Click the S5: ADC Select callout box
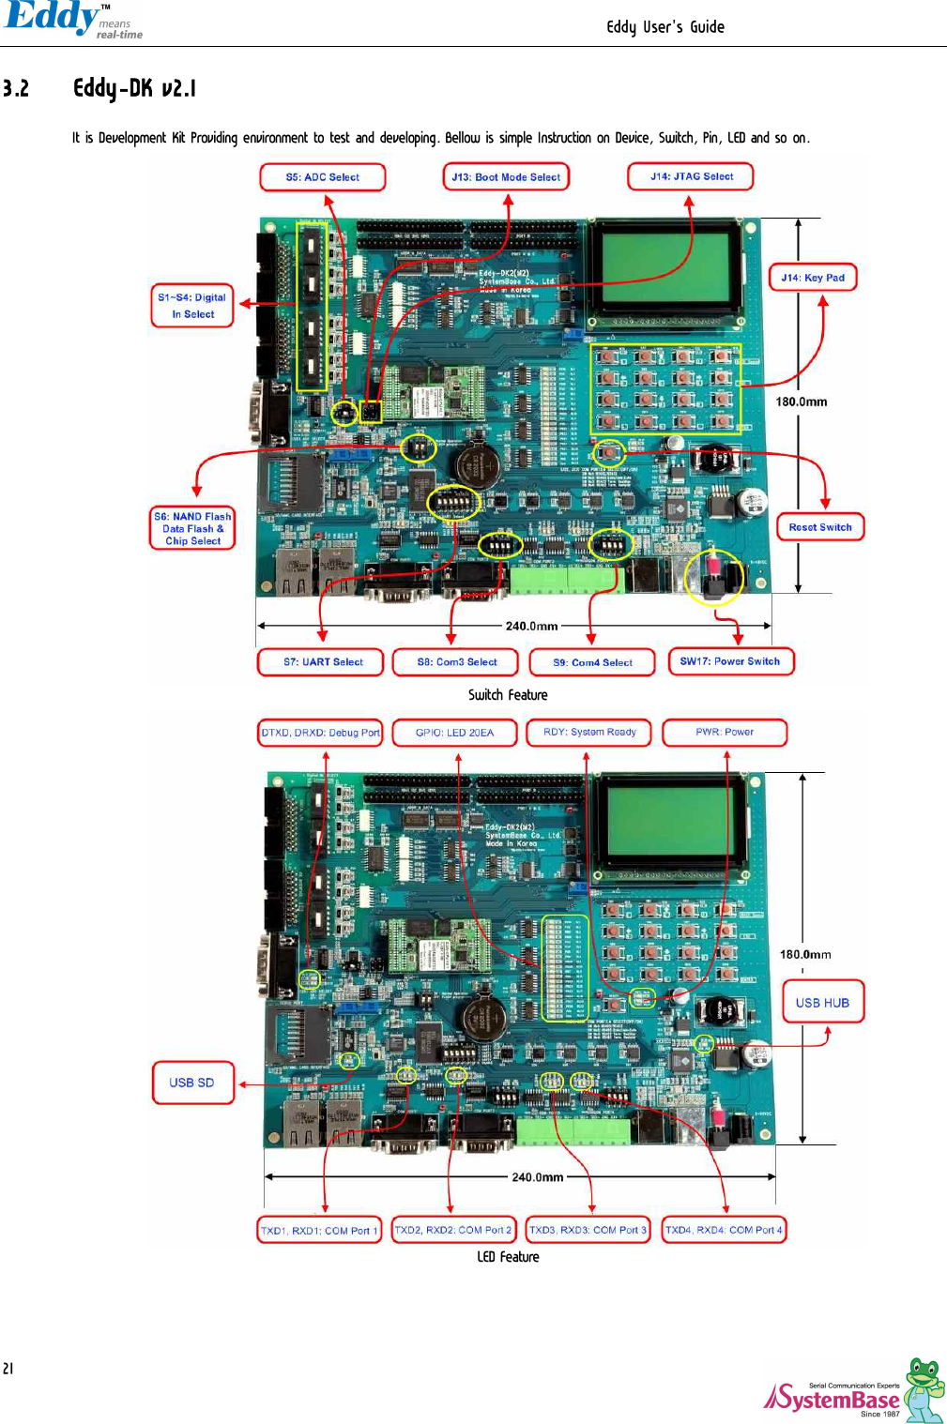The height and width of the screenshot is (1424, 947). pos(322,177)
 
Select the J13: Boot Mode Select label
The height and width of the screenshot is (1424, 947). pos(506,177)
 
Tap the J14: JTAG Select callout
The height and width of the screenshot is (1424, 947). pos(691,176)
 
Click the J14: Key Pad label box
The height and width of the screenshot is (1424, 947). pos(813,278)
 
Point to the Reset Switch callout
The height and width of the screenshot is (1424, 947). pos(820,527)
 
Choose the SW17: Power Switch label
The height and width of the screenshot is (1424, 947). pos(730,661)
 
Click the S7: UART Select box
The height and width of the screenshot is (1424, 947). pos(322,662)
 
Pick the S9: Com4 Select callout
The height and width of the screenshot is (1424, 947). pos(592,662)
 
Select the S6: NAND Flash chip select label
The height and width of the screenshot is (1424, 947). pos(192,529)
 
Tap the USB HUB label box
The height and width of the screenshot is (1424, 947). pos(822,1003)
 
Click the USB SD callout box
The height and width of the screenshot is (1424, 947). pos(192,1083)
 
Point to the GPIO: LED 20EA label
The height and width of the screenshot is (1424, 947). pos(454,733)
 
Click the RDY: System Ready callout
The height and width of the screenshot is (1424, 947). pos(589,732)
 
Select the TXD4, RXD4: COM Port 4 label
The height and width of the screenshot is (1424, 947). pos(724,1230)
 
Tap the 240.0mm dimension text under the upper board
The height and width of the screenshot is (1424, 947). pos(531,626)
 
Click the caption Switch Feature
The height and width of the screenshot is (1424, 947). pos(508,695)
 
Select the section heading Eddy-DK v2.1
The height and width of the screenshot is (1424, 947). pos(135,89)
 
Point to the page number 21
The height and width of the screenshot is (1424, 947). pos(8,1369)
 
